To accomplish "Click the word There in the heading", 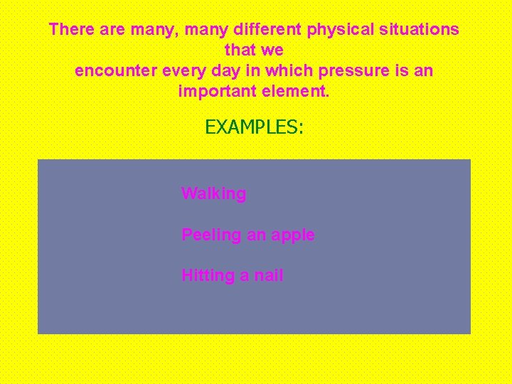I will click(68, 30).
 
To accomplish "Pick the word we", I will click(273, 50).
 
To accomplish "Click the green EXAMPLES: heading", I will click(254, 127).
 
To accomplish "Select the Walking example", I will click(213, 193).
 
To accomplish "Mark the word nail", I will click(268, 275).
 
